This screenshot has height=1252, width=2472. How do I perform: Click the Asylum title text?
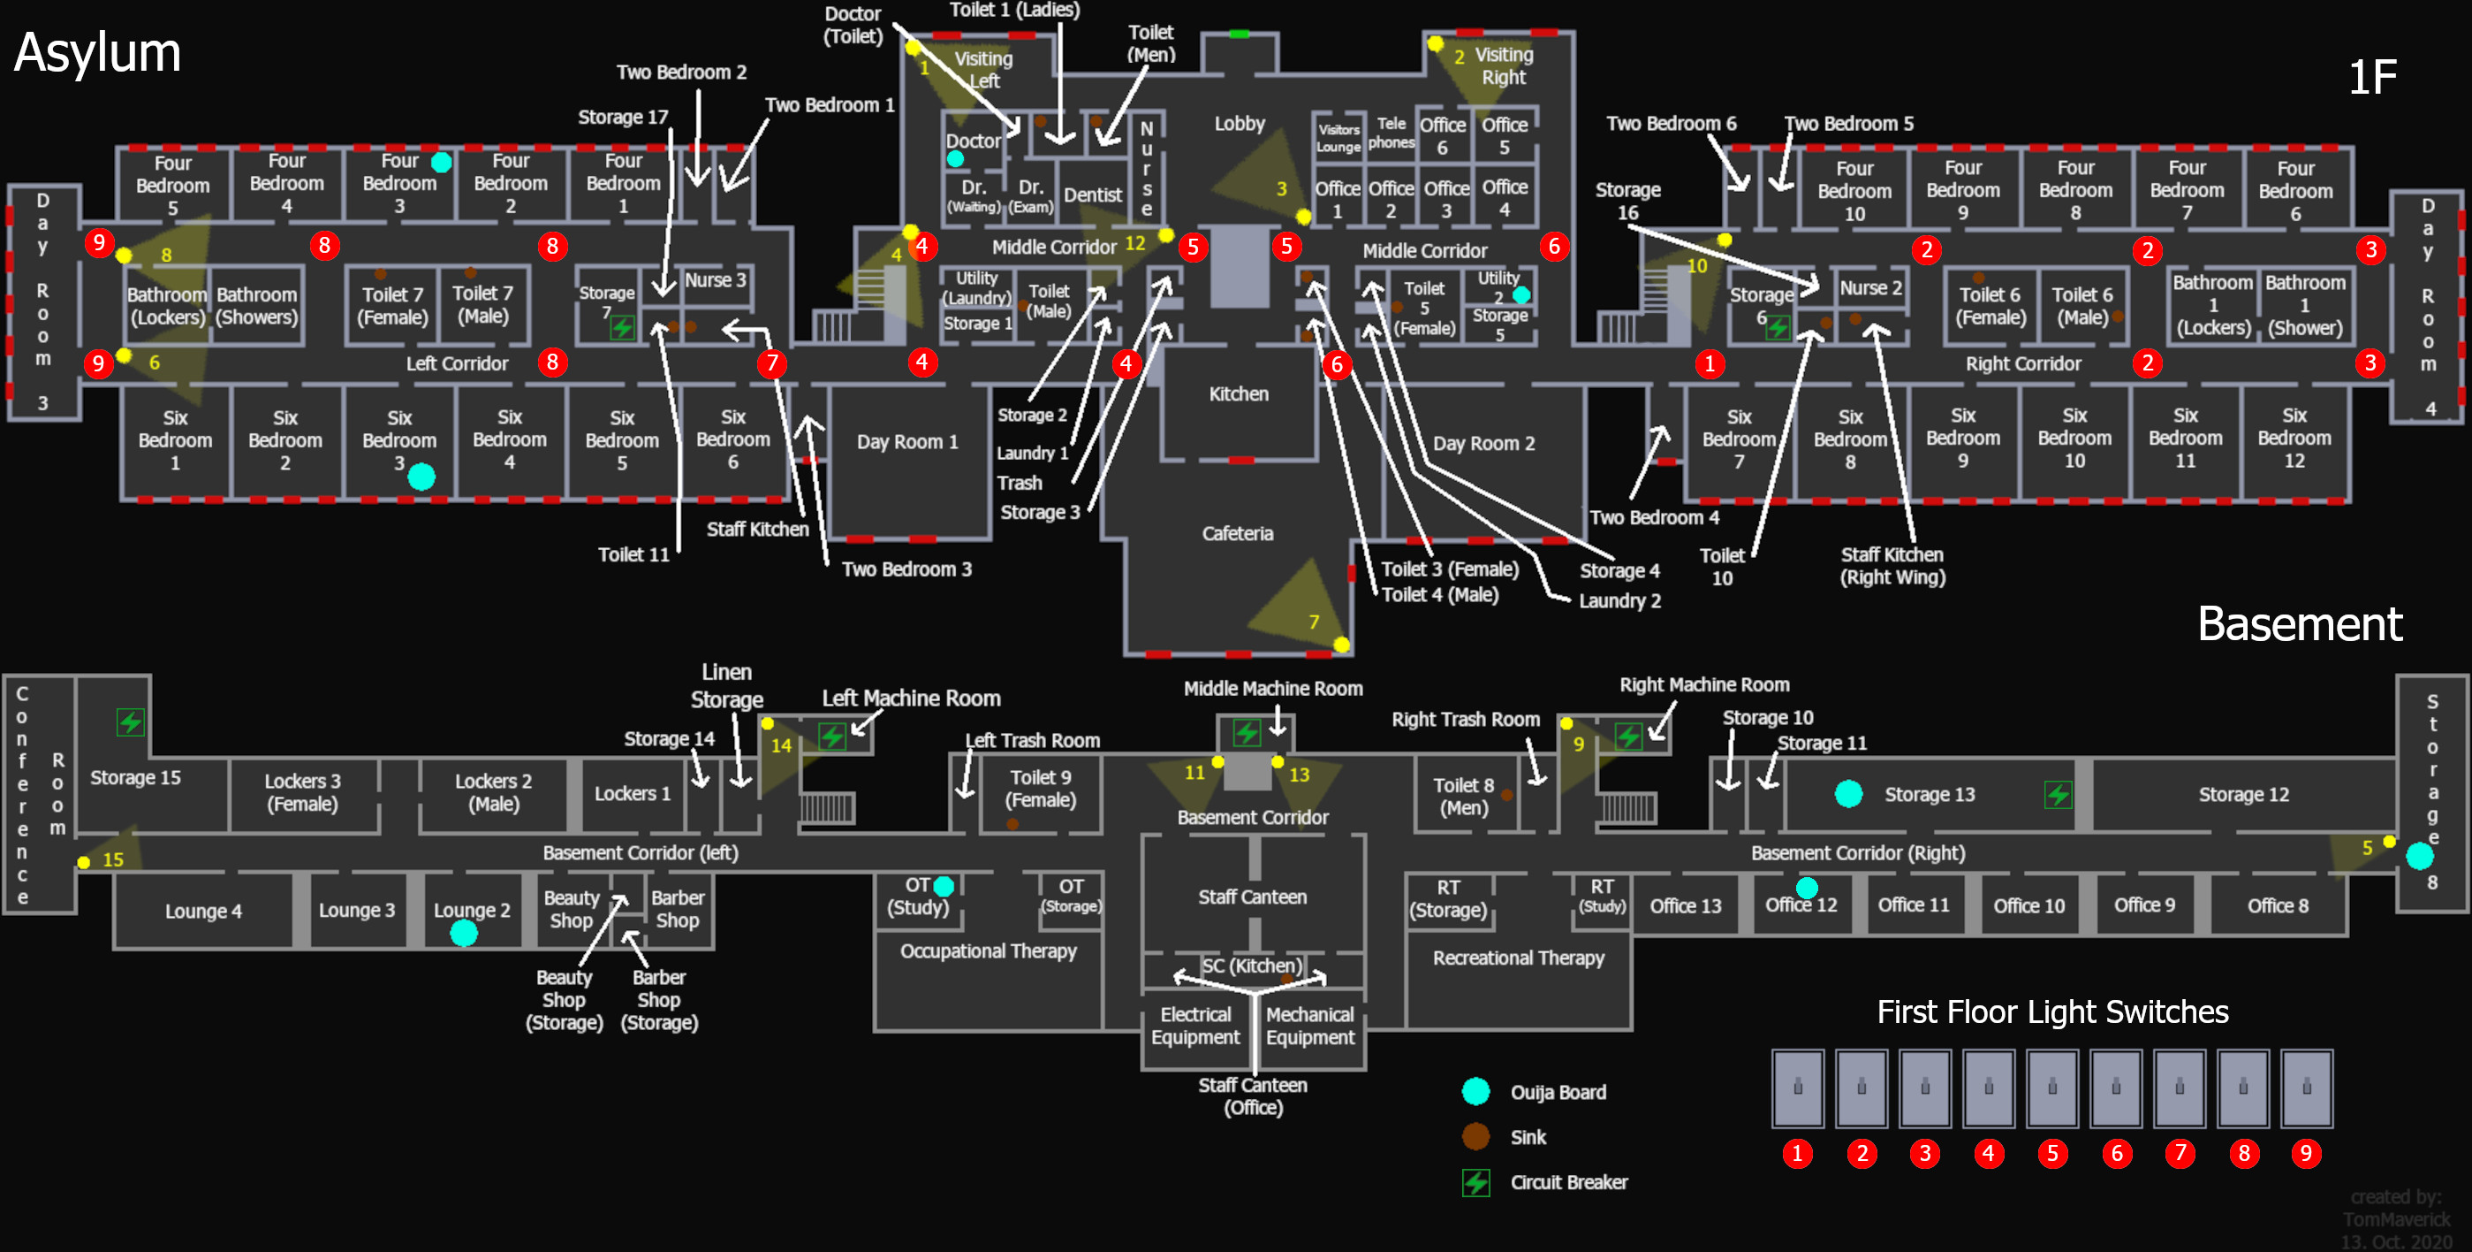[97, 53]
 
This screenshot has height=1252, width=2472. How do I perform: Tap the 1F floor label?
[2371, 78]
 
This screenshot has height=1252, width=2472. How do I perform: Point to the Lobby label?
[1239, 124]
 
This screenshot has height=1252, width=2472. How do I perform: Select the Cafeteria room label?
[1237, 534]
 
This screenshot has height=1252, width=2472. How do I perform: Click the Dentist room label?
[1092, 195]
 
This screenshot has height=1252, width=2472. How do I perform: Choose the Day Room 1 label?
[906, 442]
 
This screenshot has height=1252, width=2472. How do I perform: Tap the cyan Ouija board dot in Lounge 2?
[464, 933]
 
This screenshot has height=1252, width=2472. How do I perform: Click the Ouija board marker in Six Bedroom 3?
[421, 477]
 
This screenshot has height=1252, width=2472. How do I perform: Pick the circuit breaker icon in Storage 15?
[131, 721]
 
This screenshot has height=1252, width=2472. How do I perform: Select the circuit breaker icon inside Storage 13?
[2058, 794]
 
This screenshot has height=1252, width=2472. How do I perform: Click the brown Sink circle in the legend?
[1476, 1137]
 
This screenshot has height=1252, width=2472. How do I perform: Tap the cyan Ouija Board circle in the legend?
[1476, 1092]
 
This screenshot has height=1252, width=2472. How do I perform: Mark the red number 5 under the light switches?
[2052, 1153]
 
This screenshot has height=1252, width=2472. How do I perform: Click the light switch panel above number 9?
[2306, 1088]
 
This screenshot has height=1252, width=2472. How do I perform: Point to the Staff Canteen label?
[1252, 897]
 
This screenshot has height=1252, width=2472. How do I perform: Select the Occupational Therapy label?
[988, 950]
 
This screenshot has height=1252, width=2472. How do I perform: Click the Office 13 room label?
[1685, 906]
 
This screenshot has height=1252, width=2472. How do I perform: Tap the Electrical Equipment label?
[1194, 1026]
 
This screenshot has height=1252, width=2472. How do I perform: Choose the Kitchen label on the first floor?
[1238, 393]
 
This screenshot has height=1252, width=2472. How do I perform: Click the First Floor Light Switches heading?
[2051, 1012]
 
